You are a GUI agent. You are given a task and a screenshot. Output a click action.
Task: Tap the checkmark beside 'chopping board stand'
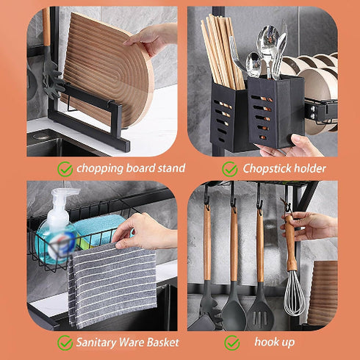[65, 169]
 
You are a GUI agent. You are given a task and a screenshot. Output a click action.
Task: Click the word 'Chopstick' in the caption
[266, 169]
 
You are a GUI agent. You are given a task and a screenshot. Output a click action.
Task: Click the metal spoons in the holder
[270, 55]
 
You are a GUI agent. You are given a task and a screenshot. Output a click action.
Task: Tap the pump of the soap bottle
[64, 196]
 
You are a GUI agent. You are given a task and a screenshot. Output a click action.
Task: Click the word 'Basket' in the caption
[160, 342]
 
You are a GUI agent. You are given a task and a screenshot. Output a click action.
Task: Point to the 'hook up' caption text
[274, 342]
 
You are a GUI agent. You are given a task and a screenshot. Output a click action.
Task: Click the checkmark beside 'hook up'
[233, 342]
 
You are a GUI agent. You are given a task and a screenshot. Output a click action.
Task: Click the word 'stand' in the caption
[168, 169]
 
